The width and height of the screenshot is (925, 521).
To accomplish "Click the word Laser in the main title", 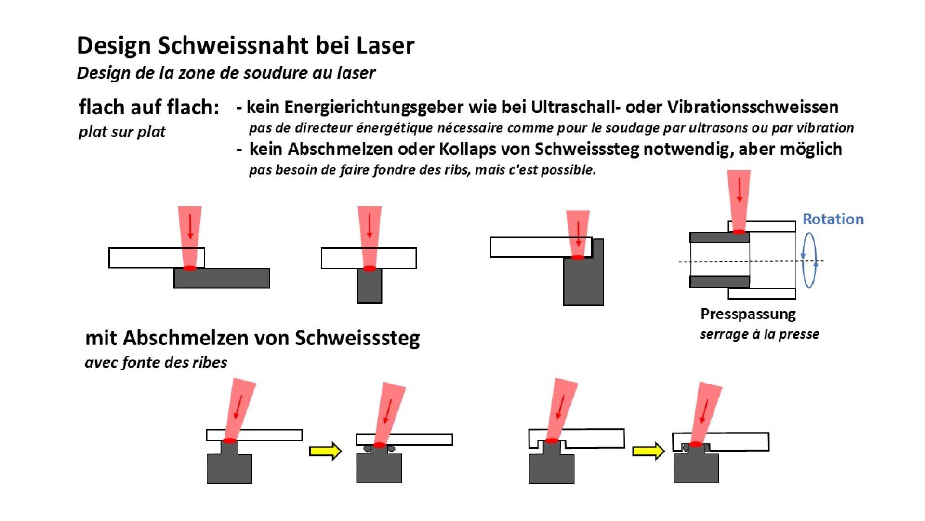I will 385,45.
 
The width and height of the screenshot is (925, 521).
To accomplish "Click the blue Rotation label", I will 832,219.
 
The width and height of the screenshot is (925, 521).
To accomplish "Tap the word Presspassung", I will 748,314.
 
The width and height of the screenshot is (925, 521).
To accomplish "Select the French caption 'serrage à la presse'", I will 759,334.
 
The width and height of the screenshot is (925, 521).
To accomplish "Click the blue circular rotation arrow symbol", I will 809,260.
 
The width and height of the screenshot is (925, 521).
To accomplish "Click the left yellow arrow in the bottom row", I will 325,451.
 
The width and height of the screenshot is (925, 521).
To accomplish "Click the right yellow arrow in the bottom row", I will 648,451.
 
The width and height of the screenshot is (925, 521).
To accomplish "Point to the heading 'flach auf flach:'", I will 149,107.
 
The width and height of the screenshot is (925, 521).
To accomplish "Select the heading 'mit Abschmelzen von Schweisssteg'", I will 252,338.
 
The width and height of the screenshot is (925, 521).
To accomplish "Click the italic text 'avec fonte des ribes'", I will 156,362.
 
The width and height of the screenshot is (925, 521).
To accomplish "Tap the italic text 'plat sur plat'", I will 122,132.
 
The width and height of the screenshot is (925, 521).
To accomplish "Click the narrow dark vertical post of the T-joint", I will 370,287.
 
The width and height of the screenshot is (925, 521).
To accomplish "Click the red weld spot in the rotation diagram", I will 739,232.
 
